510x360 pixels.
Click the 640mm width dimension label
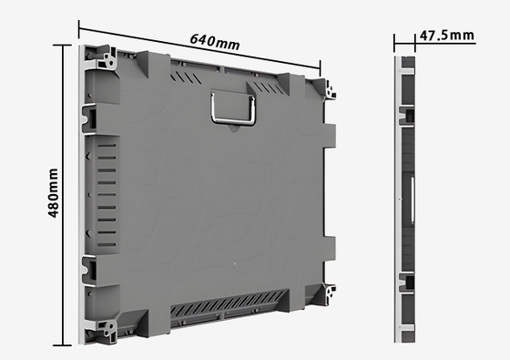tap(215, 42)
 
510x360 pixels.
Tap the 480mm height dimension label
tap(53, 193)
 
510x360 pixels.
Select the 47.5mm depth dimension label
tap(446, 36)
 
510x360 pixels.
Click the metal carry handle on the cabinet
tap(233, 108)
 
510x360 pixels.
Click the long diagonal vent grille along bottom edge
tap(229, 303)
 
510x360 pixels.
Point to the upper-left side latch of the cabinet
tap(89, 118)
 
